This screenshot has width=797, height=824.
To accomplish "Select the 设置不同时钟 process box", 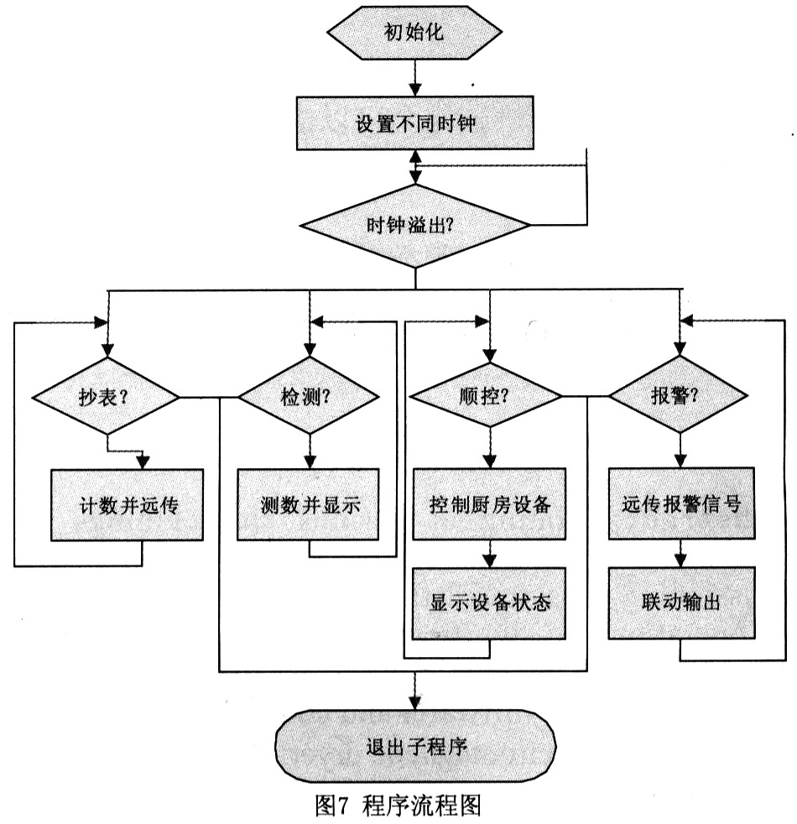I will click(x=416, y=123).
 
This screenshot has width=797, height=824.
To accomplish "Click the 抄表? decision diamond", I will click(x=106, y=396).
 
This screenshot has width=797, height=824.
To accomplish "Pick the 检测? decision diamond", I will click(x=310, y=396).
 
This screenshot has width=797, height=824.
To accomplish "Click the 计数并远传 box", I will click(x=128, y=505).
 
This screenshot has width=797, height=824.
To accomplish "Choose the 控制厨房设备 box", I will click(x=490, y=505).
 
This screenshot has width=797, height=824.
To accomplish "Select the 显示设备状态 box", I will click(x=490, y=603).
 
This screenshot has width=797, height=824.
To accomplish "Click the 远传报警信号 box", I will click(x=681, y=505).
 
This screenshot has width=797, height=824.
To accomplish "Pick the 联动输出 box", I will click(x=681, y=603).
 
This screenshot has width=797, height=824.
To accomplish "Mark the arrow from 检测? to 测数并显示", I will click(x=310, y=453).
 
